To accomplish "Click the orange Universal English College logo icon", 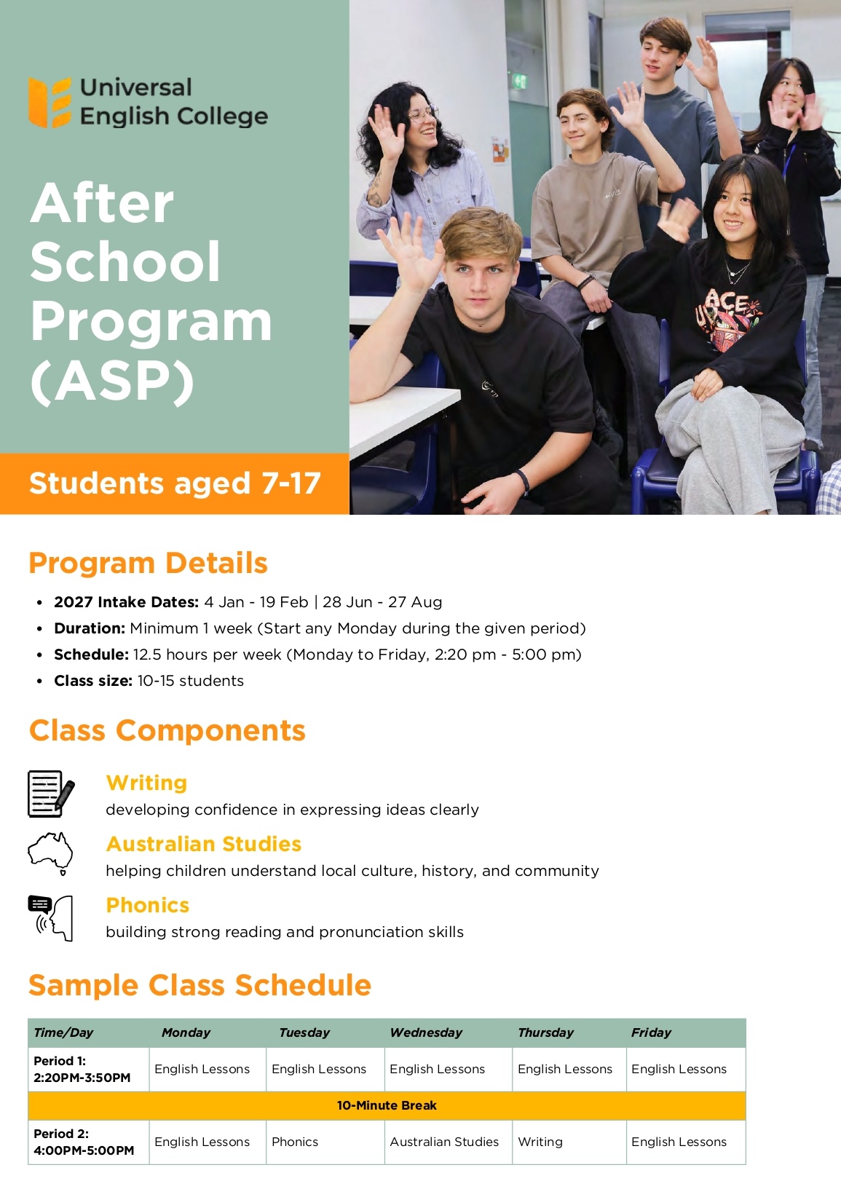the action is click(x=50, y=103).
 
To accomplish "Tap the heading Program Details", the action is click(x=148, y=563).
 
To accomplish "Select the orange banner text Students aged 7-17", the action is click(x=175, y=483).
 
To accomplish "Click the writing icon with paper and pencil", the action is click(x=51, y=794).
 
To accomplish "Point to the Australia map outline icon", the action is click(x=50, y=853).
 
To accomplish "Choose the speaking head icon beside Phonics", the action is click(x=51, y=918).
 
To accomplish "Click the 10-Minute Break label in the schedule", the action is click(x=387, y=1105).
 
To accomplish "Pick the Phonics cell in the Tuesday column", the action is click(x=295, y=1142).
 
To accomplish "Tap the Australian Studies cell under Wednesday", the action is click(x=444, y=1142).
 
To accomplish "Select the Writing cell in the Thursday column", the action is click(x=540, y=1142).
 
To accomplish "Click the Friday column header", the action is click(x=651, y=1032).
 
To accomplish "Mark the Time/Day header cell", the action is click(x=63, y=1032).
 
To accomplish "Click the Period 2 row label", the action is click(x=84, y=1142).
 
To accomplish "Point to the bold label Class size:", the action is click(x=93, y=681).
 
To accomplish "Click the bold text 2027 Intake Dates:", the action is click(x=127, y=601).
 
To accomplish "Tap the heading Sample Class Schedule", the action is click(x=200, y=985).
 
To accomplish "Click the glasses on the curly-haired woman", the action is click(x=423, y=114).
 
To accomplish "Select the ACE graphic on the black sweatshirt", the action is click(x=728, y=316).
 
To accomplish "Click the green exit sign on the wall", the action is click(x=519, y=81).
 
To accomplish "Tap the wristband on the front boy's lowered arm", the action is click(x=523, y=481).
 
